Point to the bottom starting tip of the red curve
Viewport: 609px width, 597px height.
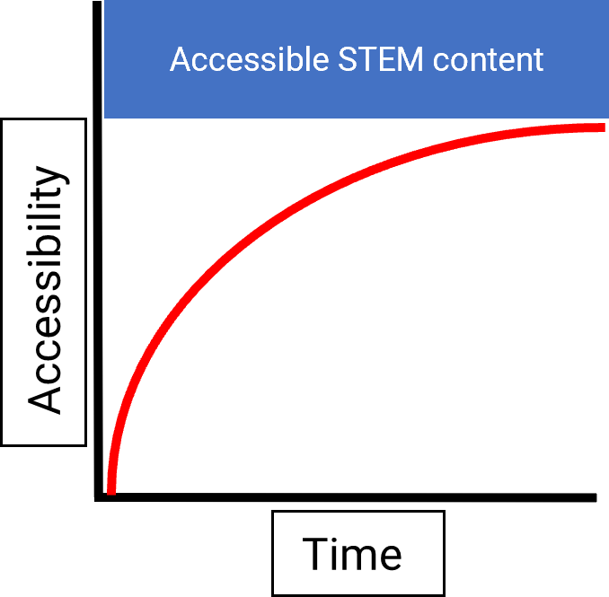coord(111,490)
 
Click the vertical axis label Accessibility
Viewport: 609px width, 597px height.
coord(45,290)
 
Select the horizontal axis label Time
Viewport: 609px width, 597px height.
coord(352,553)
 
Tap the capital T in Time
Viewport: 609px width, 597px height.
coord(313,553)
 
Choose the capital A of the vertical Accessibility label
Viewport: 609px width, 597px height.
coord(45,394)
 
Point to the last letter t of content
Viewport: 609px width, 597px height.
coord(539,61)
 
